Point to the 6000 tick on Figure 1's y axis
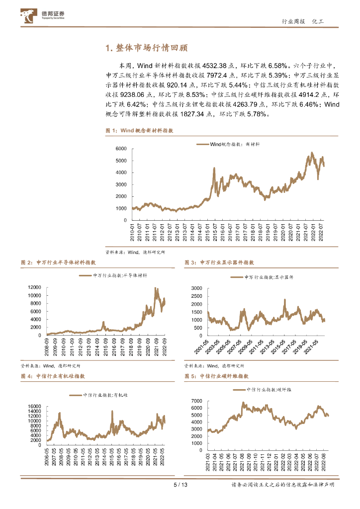point(121,149)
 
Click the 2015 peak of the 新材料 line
point(214,169)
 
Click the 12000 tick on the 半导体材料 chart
point(34,287)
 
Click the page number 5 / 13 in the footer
point(180,485)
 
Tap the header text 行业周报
point(292,21)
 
